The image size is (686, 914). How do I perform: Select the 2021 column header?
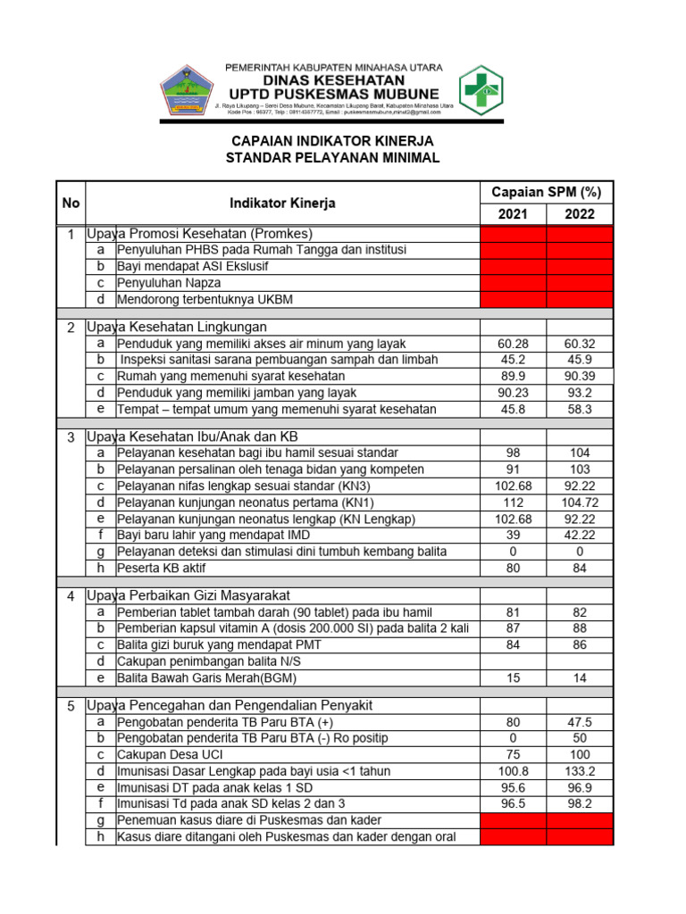[513, 214]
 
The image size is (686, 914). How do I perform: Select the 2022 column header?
[580, 214]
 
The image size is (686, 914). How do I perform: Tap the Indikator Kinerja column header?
[282, 204]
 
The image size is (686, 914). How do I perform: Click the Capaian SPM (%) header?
[546, 192]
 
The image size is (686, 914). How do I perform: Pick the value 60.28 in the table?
[513, 344]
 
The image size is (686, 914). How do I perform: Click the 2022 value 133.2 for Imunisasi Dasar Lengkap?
[580, 770]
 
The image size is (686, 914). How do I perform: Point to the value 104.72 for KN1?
[580, 503]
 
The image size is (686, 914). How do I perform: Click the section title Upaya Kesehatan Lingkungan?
[177, 327]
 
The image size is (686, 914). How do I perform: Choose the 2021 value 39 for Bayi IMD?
[513, 536]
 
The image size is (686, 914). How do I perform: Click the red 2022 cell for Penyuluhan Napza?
[580, 283]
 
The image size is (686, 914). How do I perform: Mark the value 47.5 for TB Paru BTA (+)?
[580, 721]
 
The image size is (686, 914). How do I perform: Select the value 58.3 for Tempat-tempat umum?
[580, 410]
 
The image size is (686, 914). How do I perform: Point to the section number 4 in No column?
[71, 596]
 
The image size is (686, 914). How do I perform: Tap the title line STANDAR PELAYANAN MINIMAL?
[333, 158]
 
